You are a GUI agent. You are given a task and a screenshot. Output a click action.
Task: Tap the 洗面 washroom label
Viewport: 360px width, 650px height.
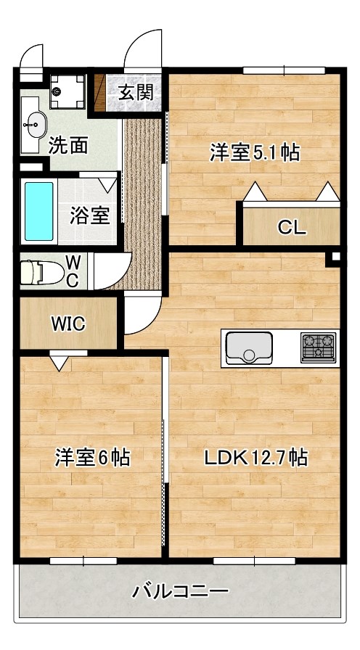pyautogui.click(x=68, y=145)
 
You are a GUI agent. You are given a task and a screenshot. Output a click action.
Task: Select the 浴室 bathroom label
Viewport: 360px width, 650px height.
pyautogui.click(x=90, y=215)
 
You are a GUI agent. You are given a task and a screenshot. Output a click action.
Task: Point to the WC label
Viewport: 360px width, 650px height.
pyautogui.click(x=73, y=271)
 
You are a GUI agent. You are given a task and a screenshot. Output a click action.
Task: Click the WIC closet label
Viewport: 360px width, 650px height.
pyautogui.click(x=67, y=324)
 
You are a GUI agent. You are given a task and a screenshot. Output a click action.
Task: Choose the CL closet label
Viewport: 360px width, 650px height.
pyautogui.click(x=292, y=228)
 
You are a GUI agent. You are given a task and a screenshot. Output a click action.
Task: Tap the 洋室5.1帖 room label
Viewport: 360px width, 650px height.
pyautogui.click(x=255, y=153)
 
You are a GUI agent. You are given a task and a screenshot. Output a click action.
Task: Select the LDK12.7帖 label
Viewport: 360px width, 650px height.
pyautogui.click(x=255, y=458)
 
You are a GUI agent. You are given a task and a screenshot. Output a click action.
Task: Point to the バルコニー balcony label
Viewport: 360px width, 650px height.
pyautogui.click(x=180, y=591)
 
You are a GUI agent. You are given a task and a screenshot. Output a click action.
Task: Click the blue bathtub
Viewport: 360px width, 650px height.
pyautogui.click(x=39, y=211)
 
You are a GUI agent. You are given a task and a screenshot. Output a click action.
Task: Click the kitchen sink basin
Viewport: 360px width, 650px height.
pyautogui.click(x=249, y=348)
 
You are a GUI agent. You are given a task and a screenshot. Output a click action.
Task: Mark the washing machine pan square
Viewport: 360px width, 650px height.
pyautogui.click(x=69, y=91)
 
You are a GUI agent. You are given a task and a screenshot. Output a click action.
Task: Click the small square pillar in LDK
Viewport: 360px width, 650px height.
pyautogui.click(x=335, y=257)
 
